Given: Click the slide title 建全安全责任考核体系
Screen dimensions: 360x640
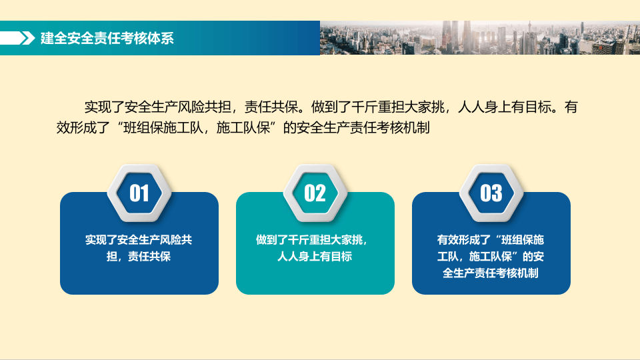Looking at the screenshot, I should [x=107, y=38].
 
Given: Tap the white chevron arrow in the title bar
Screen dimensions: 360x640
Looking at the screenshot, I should [x=27, y=38].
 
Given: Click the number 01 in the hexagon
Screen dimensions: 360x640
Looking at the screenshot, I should [x=139, y=193].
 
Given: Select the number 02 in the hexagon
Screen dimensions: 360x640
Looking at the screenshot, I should [x=315, y=193].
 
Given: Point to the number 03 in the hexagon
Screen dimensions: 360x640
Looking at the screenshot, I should [x=491, y=193].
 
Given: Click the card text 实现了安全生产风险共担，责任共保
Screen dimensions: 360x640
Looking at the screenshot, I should [x=139, y=247].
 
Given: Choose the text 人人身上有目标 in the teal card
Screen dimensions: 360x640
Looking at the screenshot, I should [x=315, y=256].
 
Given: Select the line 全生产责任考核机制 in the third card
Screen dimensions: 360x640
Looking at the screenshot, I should [x=491, y=273].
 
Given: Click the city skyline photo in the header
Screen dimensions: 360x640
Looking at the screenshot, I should [x=479, y=38].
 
